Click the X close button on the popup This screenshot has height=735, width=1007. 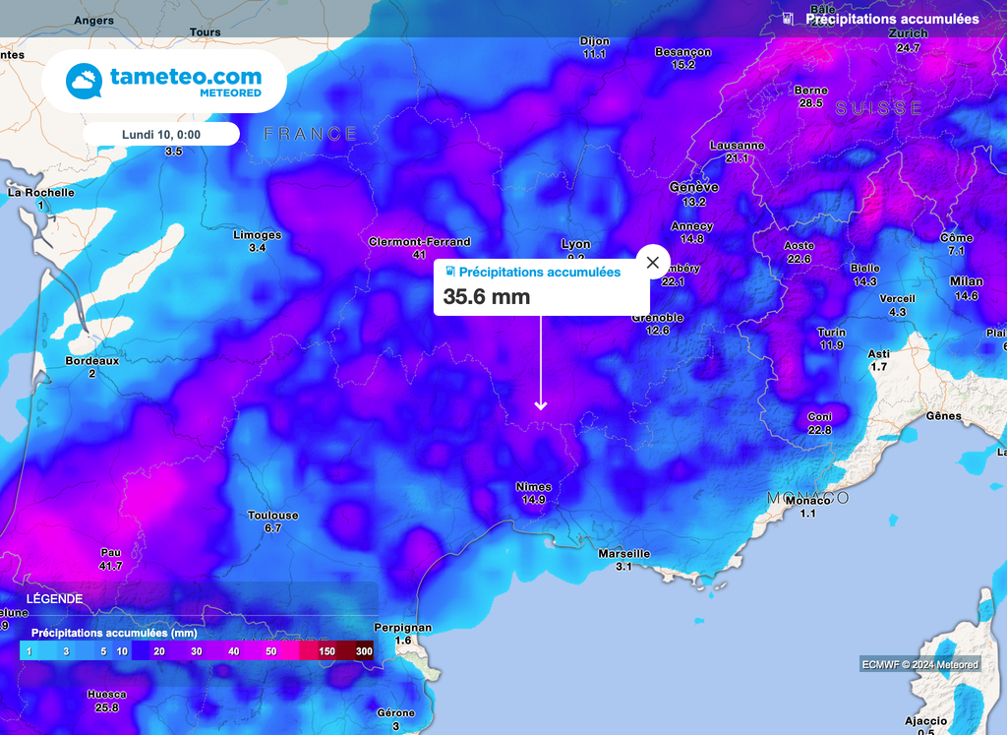pos(652,263)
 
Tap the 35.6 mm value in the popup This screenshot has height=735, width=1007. pos(487,296)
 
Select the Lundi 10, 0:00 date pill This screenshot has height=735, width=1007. pos(161,134)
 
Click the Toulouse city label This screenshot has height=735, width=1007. pos(272,516)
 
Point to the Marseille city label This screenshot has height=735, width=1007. pos(623,554)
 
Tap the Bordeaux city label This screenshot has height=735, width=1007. pos(91,361)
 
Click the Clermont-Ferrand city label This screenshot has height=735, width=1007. pos(419,242)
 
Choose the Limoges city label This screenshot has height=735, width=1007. pos(257,235)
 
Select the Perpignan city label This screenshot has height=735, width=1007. pos(403,628)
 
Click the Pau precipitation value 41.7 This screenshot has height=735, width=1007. pos(110,566)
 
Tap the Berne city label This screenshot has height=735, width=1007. pos(810,91)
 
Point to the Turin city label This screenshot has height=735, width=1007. pos(831,333)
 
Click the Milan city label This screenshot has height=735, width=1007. pos(966,282)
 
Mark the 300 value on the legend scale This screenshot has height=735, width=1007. pos(364,651)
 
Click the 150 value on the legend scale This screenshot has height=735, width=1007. pos(326,651)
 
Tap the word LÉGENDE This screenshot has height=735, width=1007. pos(54,598)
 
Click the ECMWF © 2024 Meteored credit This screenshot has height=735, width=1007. pos(920,664)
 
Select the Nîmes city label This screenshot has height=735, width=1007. pos(533,487)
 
